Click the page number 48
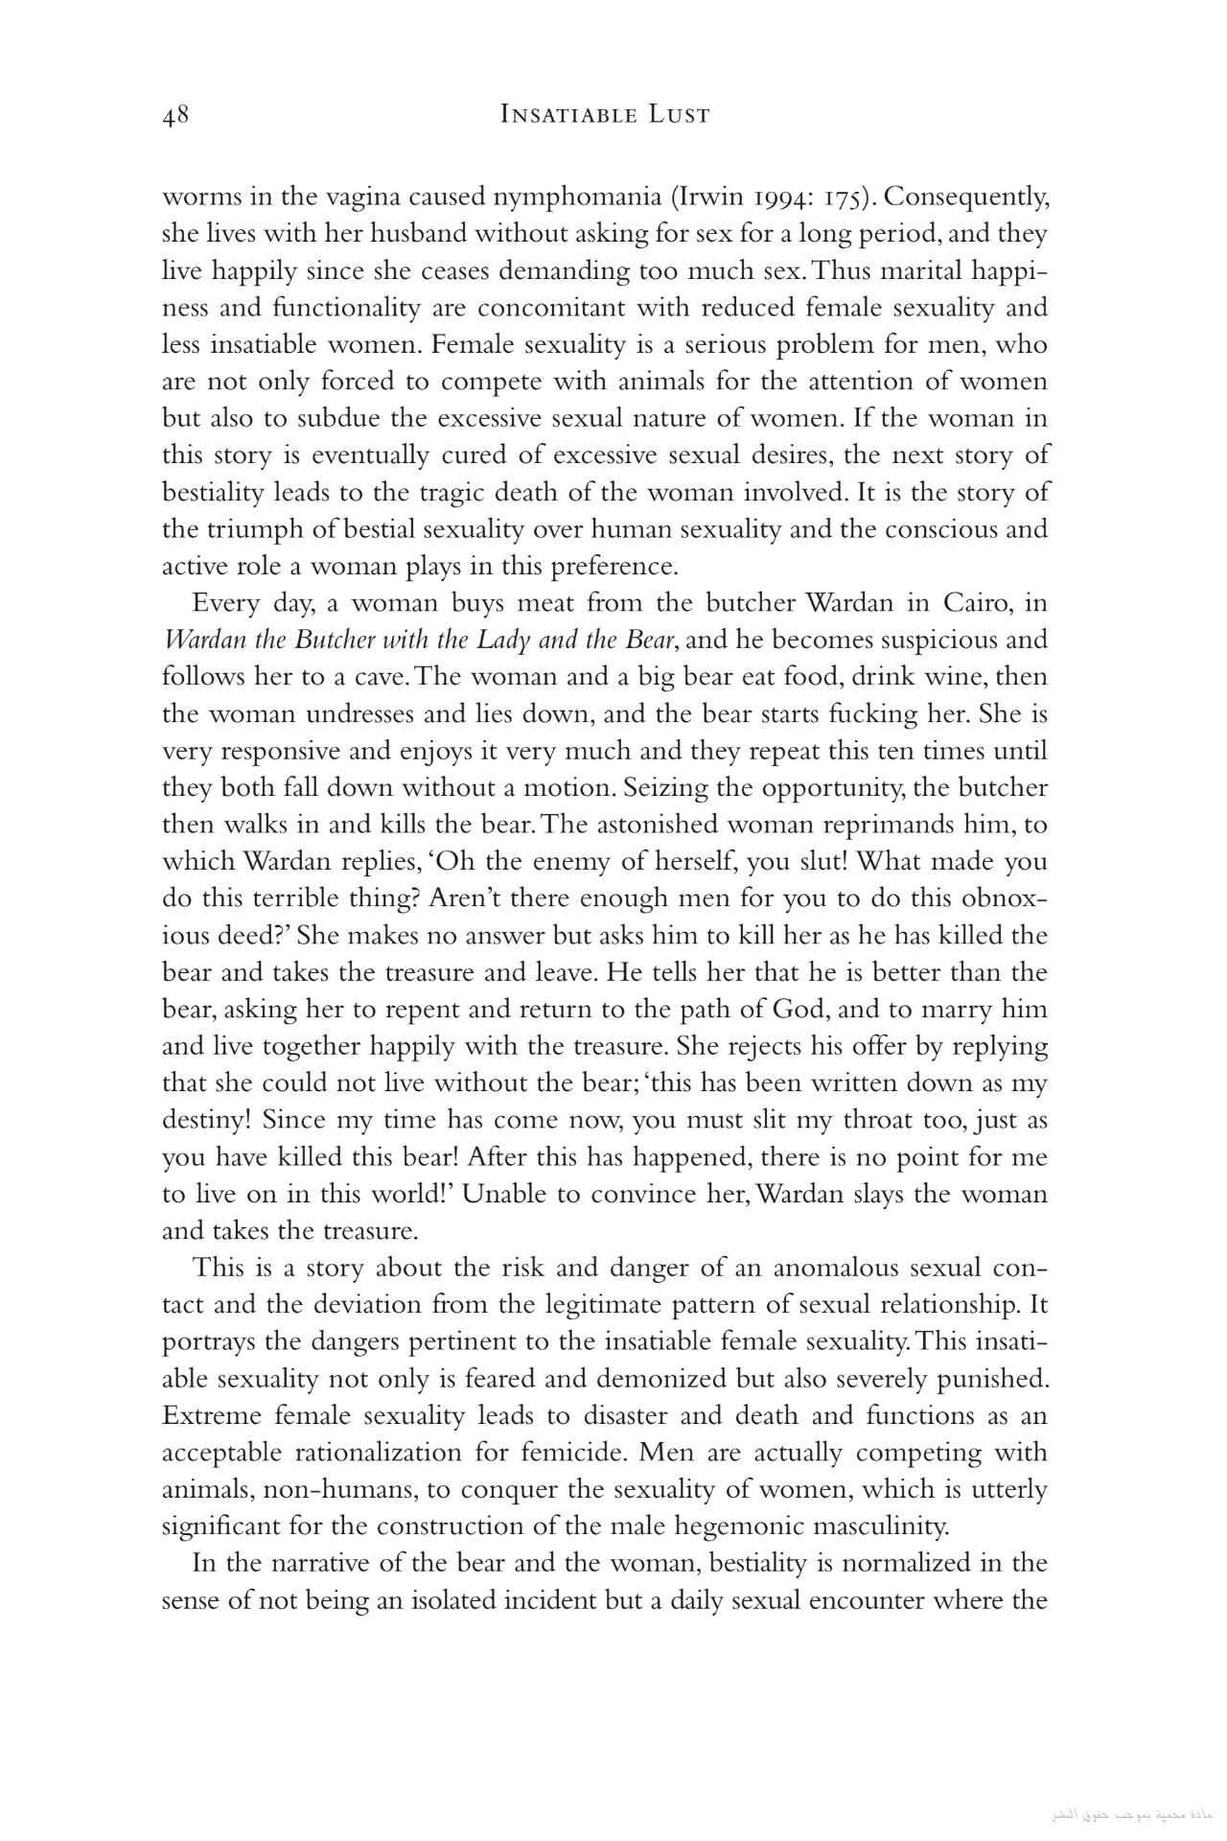[x=175, y=116]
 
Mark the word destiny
[x=204, y=1120]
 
